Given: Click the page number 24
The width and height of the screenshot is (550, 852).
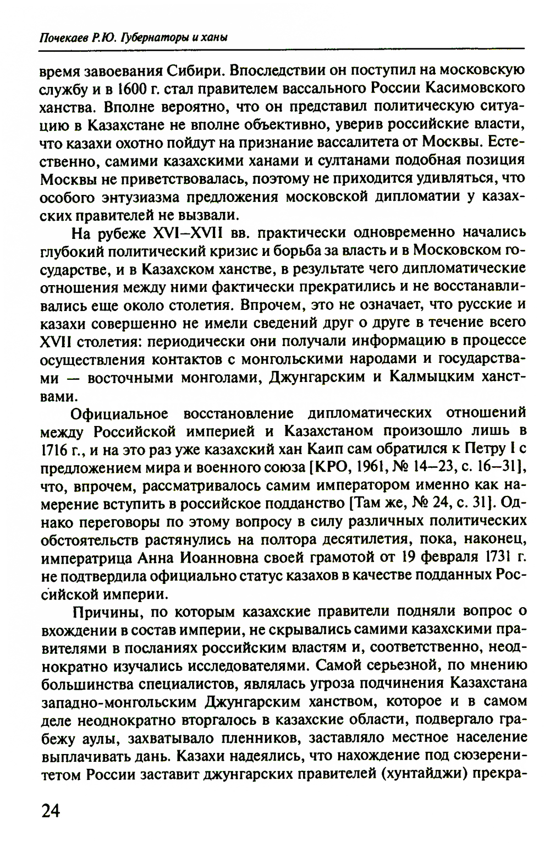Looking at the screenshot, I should click(x=50, y=810).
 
